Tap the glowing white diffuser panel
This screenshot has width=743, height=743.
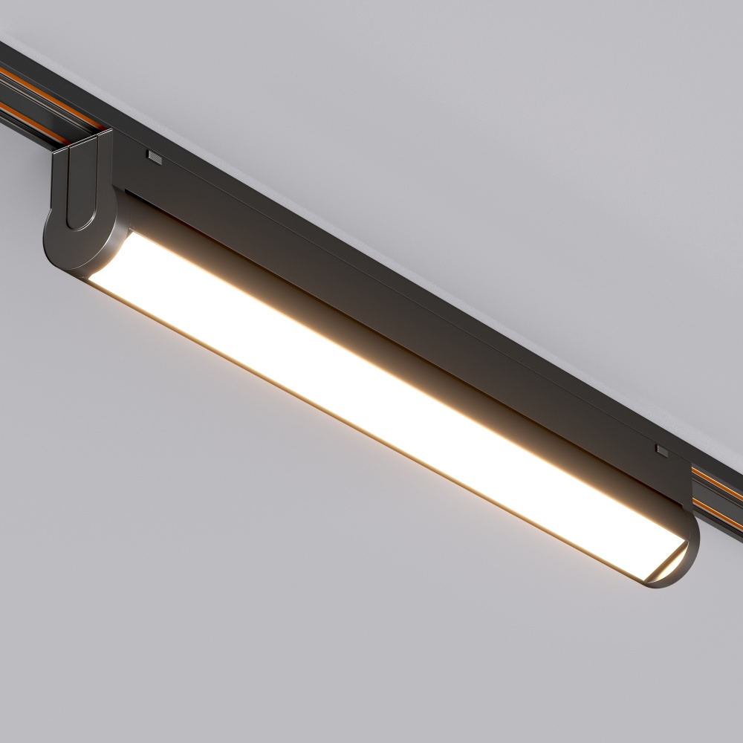[x=371, y=386]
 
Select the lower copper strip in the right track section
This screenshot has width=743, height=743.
[x=717, y=508]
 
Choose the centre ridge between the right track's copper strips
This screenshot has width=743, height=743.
[x=717, y=493]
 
